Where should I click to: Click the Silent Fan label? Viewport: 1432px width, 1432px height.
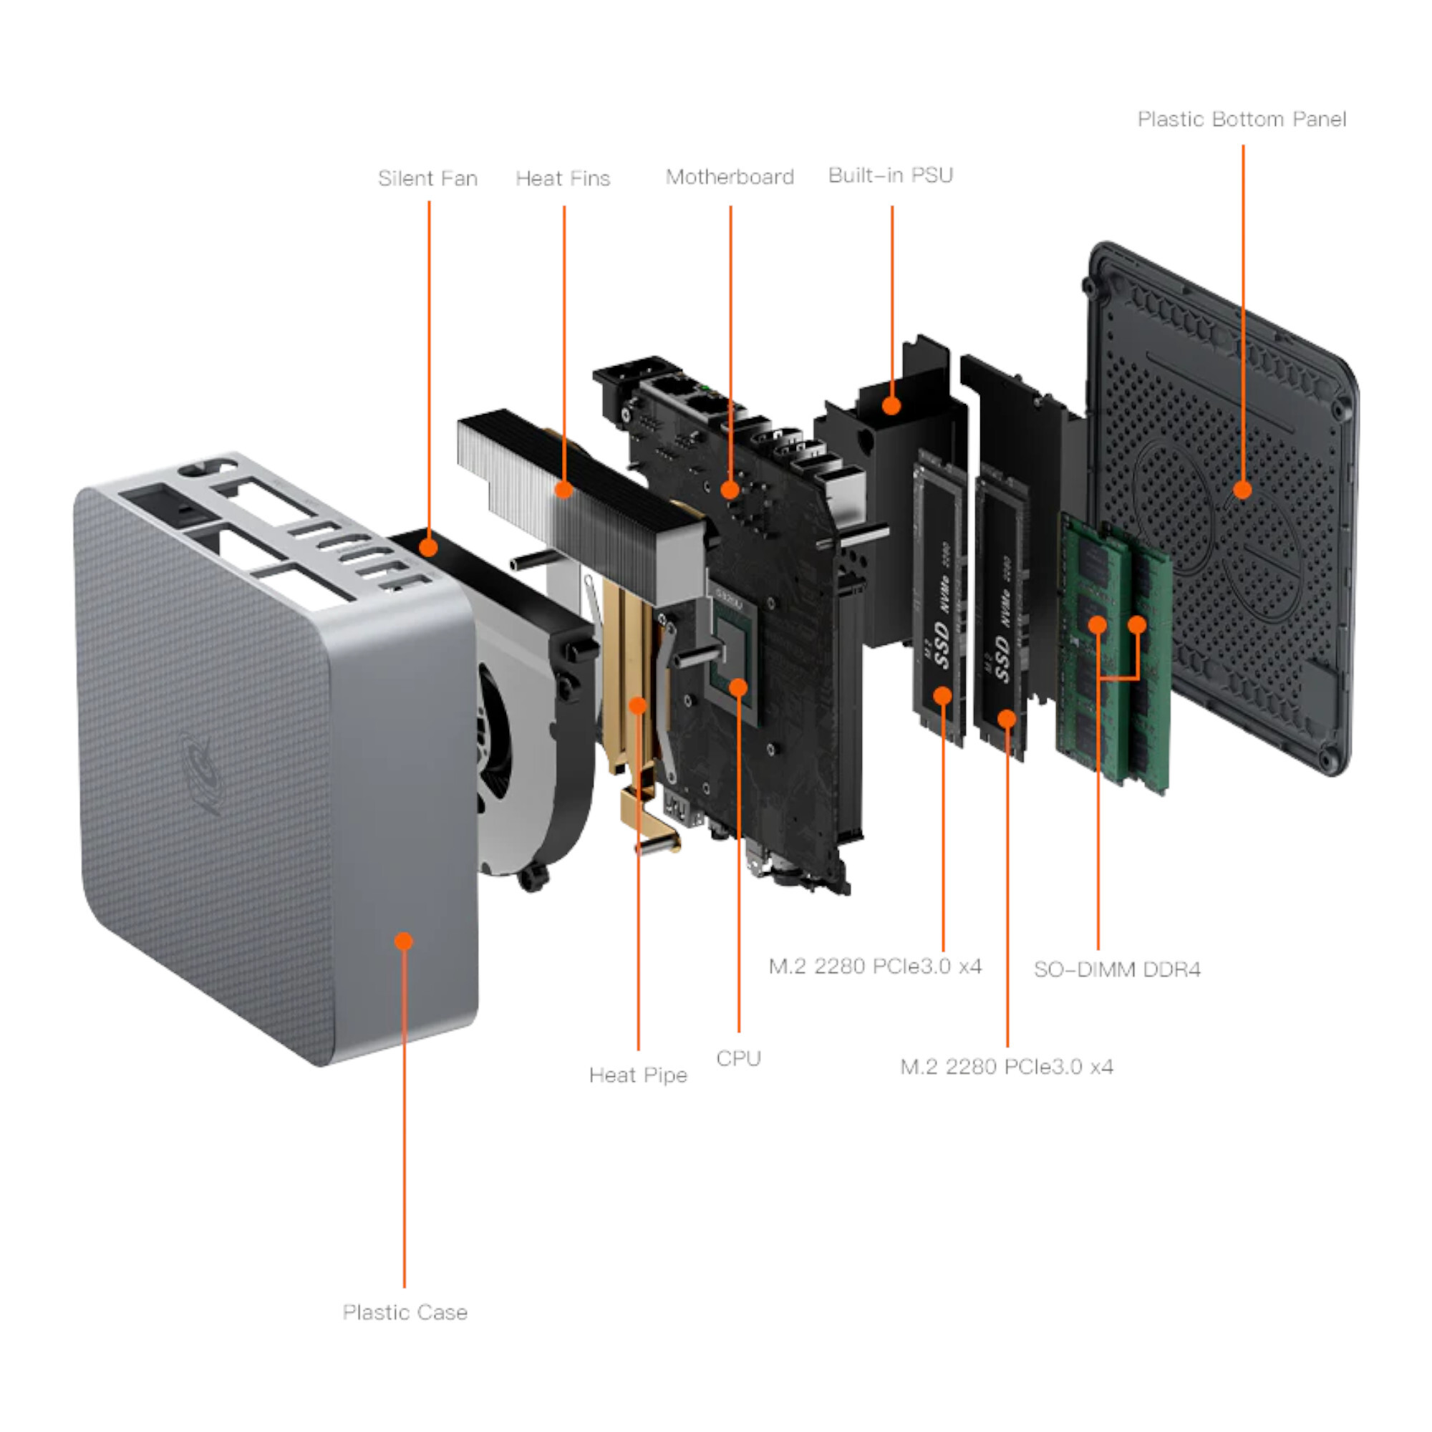(x=427, y=178)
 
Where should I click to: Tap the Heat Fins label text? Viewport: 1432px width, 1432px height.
(x=563, y=178)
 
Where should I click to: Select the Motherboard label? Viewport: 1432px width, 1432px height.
(x=730, y=177)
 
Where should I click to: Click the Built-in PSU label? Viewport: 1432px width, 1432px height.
(x=890, y=175)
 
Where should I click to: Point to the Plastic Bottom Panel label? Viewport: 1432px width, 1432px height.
(x=1242, y=120)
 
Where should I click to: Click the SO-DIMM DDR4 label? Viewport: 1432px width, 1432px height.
(x=1116, y=969)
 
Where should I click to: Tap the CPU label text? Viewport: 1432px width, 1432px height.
(x=738, y=1058)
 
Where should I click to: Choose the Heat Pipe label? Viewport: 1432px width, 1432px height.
(x=637, y=1075)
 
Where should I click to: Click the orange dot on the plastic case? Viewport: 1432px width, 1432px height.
(x=404, y=942)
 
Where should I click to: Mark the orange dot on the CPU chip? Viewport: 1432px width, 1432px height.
(x=738, y=687)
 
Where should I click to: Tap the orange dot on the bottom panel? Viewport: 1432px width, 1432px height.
(x=1243, y=489)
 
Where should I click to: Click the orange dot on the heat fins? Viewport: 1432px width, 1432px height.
(x=564, y=489)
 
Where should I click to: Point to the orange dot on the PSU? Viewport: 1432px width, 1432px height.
(x=891, y=405)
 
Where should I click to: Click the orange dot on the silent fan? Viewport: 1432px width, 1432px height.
(x=428, y=548)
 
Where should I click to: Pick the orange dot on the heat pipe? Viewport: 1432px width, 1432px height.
(x=637, y=705)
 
